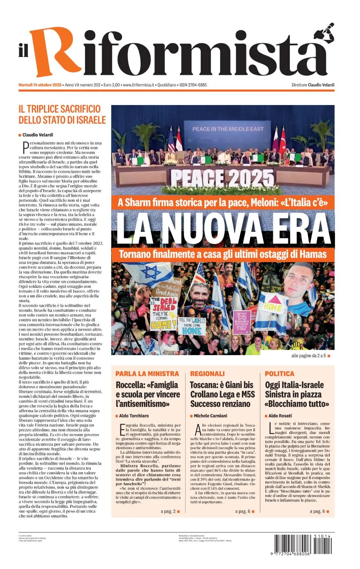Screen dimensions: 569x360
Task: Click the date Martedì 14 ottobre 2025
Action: (40, 85)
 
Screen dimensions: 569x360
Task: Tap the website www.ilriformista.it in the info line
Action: (138, 85)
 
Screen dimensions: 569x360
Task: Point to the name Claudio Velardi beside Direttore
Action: (321, 85)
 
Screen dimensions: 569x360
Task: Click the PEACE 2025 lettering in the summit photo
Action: (222, 178)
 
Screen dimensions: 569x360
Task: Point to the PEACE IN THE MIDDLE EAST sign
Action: (228, 129)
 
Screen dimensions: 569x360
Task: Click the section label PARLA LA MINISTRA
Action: (147, 374)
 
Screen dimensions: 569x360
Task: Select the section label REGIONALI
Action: (208, 374)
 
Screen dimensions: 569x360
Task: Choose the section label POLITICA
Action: (280, 374)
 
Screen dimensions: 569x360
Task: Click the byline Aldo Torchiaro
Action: (134, 416)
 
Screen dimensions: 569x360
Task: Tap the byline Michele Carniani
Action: (211, 416)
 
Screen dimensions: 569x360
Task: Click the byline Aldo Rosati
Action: (280, 416)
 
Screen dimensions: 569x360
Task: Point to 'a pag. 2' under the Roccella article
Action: (168, 511)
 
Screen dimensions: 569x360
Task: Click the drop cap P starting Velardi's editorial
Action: (25, 146)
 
